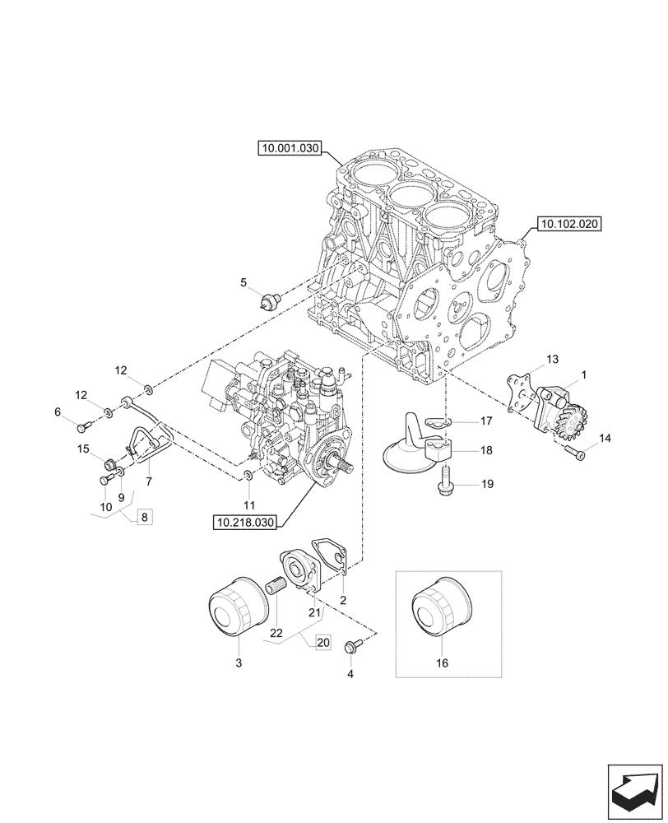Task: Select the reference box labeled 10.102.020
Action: (569, 223)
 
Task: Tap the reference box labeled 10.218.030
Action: (245, 521)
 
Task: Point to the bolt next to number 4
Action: (355, 647)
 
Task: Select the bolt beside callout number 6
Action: (83, 425)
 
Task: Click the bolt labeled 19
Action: (445, 480)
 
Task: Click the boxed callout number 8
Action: (145, 518)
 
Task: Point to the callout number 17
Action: (486, 421)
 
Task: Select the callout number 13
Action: (552, 359)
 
